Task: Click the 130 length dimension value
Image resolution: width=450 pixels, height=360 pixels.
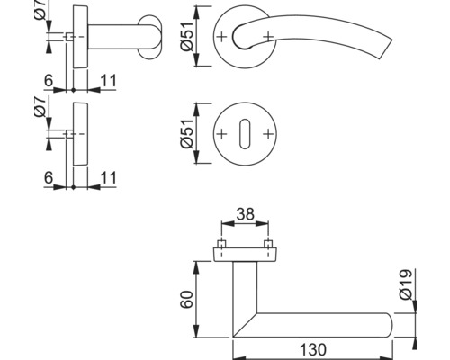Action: (313, 350)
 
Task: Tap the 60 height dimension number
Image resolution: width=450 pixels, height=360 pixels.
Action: (187, 300)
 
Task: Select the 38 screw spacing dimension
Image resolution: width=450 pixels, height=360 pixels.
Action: (245, 214)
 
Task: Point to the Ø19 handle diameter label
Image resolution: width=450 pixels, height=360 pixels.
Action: (406, 284)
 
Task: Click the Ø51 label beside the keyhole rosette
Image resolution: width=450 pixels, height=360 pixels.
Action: (187, 133)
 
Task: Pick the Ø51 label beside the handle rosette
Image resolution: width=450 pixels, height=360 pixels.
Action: (187, 37)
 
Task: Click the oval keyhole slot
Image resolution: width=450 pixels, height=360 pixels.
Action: (245, 134)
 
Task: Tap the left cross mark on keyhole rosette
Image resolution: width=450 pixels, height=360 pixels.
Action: (221, 134)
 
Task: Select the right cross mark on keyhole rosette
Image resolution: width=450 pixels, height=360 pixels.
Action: (268, 134)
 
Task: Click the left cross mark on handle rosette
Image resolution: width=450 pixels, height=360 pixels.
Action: (221, 37)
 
